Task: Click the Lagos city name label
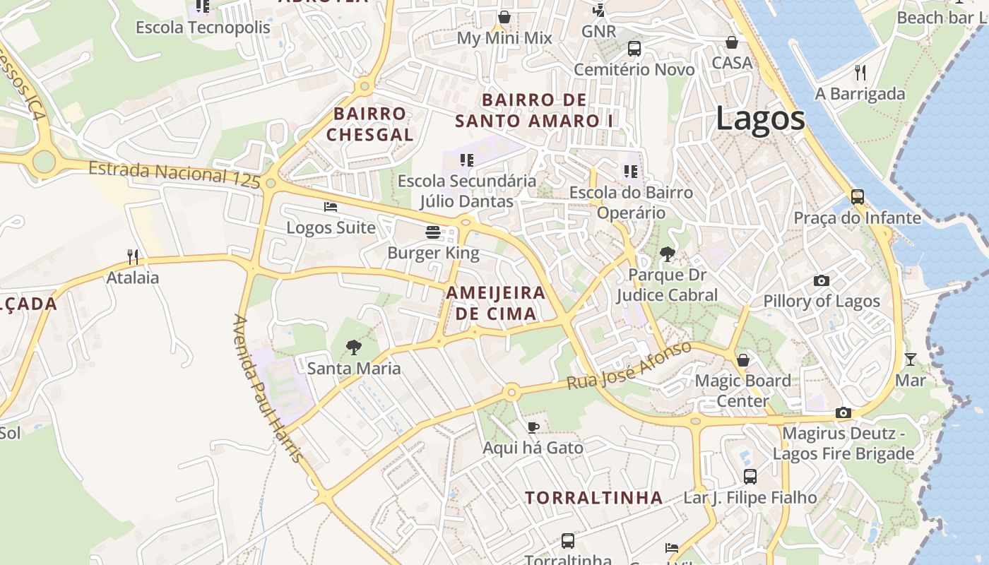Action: [x=760, y=118]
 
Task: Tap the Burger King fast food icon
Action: [x=433, y=232]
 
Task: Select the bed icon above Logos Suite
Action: [x=330, y=207]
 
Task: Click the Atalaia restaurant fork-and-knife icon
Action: [x=132, y=256]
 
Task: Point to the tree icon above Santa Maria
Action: [x=353, y=347]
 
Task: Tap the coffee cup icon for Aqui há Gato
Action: [x=533, y=427]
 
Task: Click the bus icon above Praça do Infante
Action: [x=857, y=196]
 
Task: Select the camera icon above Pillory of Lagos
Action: [x=821, y=280]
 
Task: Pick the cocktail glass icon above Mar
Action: [x=910, y=359]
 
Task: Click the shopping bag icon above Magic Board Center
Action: [x=742, y=360]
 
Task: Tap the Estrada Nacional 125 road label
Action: [x=176, y=174]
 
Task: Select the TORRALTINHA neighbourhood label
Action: [x=593, y=498]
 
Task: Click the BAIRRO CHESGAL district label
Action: [x=369, y=124]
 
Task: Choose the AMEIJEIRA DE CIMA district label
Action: [x=495, y=303]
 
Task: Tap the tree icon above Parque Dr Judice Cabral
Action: [x=667, y=254]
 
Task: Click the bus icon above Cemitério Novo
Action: [x=634, y=49]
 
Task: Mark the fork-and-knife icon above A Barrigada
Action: [x=860, y=72]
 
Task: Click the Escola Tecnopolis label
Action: [x=203, y=28]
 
